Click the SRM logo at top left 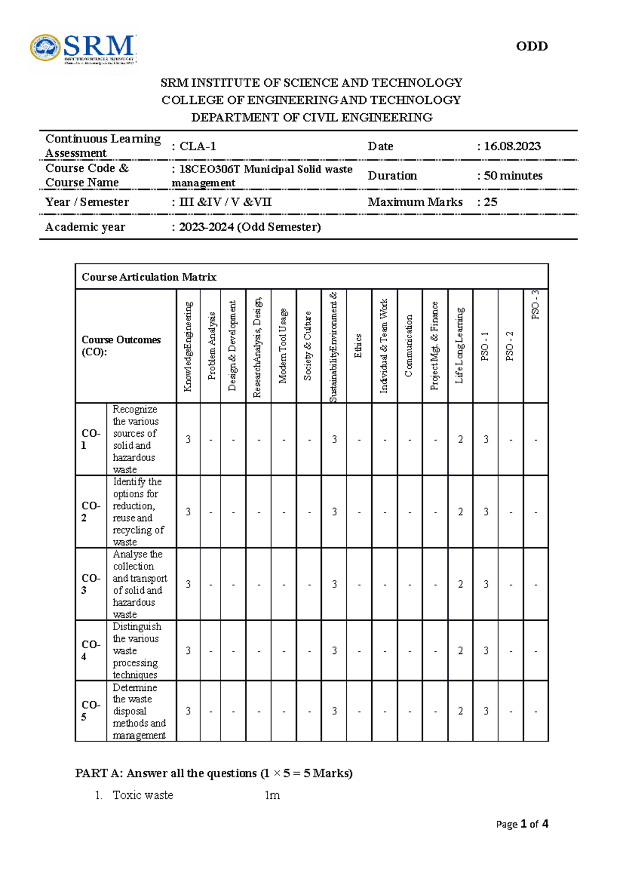click(x=83, y=49)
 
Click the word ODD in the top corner click(x=532, y=46)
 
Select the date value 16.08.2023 click(x=512, y=146)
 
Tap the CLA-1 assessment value click(x=197, y=146)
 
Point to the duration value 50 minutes click(x=513, y=176)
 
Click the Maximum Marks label click(x=415, y=202)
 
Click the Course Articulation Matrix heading click(x=149, y=277)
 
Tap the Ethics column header click(x=358, y=346)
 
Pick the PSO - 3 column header click(x=535, y=305)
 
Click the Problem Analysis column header click(x=211, y=346)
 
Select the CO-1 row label click(x=91, y=439)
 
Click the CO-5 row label click(x=91, y=711)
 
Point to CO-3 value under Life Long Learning click(x=460, y=584)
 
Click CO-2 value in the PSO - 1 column click(x=485, y=512)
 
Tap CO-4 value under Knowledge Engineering click(x=188, y=650)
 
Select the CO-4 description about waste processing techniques click(x=137, y=650)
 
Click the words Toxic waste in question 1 click(x=143, y=795)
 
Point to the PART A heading click(x=213, y=773)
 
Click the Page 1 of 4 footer click(x=522, y=824)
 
